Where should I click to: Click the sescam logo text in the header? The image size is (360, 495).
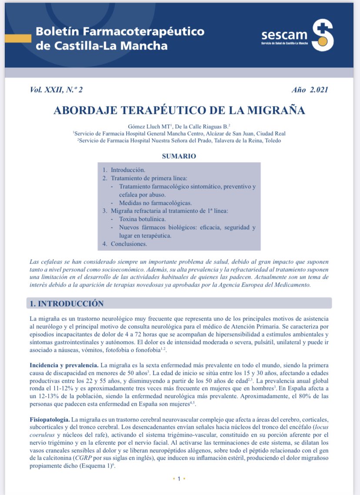(x=284, y=35)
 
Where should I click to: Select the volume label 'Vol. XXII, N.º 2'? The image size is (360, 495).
(x=57, y=90)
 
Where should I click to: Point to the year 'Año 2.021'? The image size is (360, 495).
(x=310, y=90)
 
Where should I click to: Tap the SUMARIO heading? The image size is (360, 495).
(x=179, y=156)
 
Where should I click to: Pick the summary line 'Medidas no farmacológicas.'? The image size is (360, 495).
(x=155, y=203)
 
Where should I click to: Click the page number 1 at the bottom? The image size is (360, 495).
(x=180, y=479)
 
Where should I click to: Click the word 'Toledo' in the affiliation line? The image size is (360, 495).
(x=272, y=141)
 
